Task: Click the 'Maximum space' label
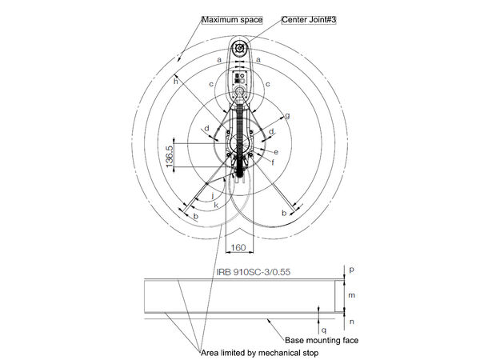coord(232,19)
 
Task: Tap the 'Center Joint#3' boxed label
coord(309,18)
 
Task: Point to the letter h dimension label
coord(176,80)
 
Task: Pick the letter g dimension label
coord(287,115)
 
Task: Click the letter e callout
coord(276,151)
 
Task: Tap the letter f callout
coord(272,162)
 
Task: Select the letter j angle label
coord(211,194)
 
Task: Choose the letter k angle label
coord(216,206)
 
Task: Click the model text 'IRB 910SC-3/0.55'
coord(253,272)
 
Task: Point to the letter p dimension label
coord(352,270)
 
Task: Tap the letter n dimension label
coord(352,322)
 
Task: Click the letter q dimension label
coord(323,329)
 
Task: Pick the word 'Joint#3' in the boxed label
coord(321,18)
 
